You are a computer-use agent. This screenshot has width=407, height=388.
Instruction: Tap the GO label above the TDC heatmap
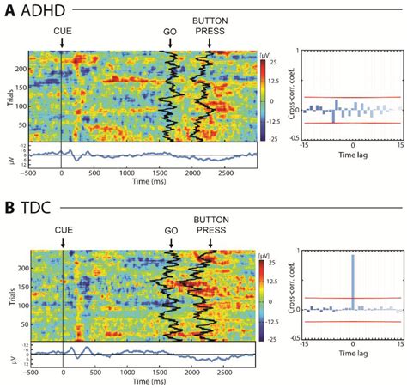[x=170, y=231]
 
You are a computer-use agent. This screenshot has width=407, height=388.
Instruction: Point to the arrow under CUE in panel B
[x=63, y=242]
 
